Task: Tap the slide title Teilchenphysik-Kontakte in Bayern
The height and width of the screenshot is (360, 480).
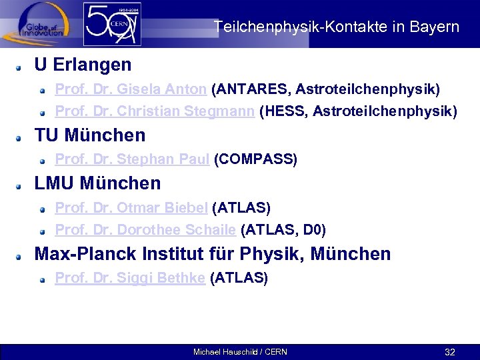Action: tap(337, 27)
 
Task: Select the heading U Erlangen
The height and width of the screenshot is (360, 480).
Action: tap(83, 65)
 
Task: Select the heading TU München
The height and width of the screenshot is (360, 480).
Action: tap(89, 135)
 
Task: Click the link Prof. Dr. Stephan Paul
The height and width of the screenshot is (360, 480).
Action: tap(132, 159)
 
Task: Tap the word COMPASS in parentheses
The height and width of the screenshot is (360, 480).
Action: tap(255, 159)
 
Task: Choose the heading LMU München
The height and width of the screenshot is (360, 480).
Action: tap(97, 183)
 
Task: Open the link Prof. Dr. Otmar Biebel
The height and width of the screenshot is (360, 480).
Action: tap(131, 208)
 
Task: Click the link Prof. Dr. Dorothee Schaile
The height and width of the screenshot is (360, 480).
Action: tap(145, 230)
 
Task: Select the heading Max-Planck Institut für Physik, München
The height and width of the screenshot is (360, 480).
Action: tap(212, 254)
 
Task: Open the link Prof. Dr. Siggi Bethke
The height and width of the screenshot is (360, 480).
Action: tap(130, 278)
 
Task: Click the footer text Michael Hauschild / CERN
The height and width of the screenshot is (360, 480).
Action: tap(240, 352)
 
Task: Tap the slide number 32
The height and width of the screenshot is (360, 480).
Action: tap(450, 352)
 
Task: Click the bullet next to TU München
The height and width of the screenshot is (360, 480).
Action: tap(21, 137)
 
